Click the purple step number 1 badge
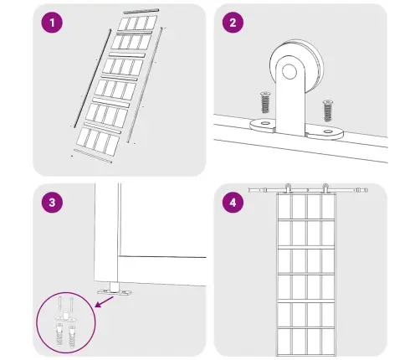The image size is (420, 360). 52,23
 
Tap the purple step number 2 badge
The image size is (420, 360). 233,23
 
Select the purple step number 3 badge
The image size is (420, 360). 52,203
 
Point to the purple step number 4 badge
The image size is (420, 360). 233,203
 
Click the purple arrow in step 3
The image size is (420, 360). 104,302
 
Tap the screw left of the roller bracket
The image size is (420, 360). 265,102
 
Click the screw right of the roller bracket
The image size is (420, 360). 328,111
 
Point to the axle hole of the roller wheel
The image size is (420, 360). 289,71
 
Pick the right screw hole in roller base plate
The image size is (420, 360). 328,131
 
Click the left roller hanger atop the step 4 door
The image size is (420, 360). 288,188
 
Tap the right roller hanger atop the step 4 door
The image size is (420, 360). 325,188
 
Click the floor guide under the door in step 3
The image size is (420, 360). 115,290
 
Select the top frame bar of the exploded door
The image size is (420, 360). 141,12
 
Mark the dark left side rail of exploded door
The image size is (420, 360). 93,78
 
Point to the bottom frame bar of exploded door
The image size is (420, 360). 93,156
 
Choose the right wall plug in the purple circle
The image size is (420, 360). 72,337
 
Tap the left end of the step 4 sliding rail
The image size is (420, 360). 249,190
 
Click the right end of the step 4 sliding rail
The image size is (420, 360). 366,190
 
